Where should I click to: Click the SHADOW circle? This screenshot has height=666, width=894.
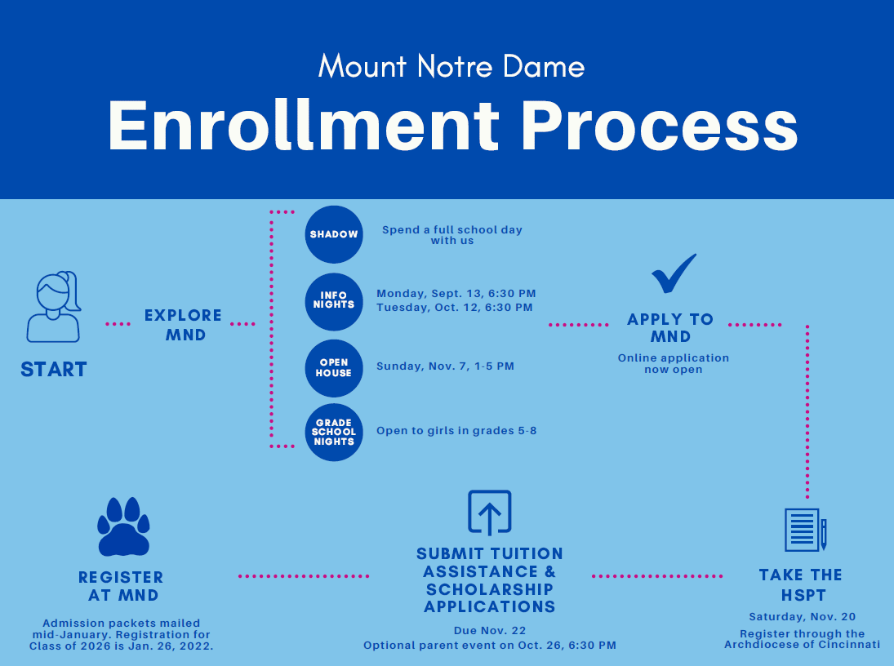click(x=333, y=234)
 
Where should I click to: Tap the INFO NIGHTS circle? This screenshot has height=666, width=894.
click(x=333, y=300)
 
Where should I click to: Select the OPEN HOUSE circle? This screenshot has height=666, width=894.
click(x=333, y=367)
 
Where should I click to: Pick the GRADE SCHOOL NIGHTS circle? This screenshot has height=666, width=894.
click(x=333, y=433)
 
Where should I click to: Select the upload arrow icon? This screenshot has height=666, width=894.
click(x=489, y=513)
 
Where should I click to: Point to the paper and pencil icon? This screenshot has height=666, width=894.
click(x=805, y=529)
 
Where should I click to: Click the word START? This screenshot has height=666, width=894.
click(x=54, y=370)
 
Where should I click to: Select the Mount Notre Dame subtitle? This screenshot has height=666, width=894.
click(x=451, y=66)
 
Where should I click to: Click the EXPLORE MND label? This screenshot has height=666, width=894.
click(x=184, y=325)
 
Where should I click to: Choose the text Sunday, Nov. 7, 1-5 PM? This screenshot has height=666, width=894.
click(x=445, y=366)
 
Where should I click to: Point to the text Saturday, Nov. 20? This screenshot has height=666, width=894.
click(x=802, y=617)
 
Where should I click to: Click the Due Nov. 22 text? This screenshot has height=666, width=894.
click(x=490, y=631)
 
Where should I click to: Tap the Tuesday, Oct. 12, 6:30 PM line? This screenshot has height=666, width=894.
click(x=454, y=308)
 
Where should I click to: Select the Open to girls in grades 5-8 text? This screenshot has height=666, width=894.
click(x=456, y=431)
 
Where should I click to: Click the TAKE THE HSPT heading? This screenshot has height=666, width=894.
click(x=801, y=585)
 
